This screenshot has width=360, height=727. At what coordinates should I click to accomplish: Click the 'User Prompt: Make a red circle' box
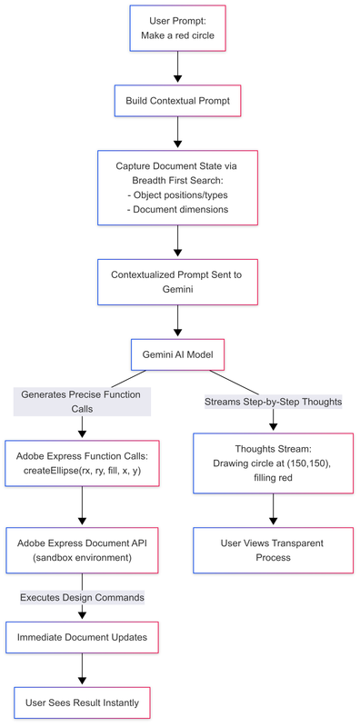[x=177, y=28]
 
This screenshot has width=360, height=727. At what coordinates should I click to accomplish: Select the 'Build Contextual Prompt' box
[x=177, y=100]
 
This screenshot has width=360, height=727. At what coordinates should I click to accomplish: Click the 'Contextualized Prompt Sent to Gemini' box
[x=177, y=281]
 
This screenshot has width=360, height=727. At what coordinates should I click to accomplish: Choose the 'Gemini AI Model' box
[x=177, y=353]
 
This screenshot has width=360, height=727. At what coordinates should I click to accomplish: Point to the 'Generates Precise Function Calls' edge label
[x=83, y=402]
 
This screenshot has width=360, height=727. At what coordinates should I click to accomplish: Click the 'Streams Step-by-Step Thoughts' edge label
[x=274, y=402]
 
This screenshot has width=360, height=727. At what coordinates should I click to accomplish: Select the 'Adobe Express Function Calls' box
[x=83, y=463]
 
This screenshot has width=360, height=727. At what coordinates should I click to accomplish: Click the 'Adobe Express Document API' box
[x=83, y=549]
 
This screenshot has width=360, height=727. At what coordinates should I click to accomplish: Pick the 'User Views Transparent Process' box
[x=274, y=549]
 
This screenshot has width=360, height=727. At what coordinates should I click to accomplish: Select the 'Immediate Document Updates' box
[x=83, y=638]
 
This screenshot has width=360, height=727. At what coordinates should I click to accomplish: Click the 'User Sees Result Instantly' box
[x=83, y=702]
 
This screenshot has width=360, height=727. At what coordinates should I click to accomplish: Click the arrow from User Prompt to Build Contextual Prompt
[x=177, y=65]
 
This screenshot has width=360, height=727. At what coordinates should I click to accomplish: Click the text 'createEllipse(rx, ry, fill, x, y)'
[x=83, y=472]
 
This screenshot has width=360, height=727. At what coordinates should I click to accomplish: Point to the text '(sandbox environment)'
[x=83, y=558]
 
